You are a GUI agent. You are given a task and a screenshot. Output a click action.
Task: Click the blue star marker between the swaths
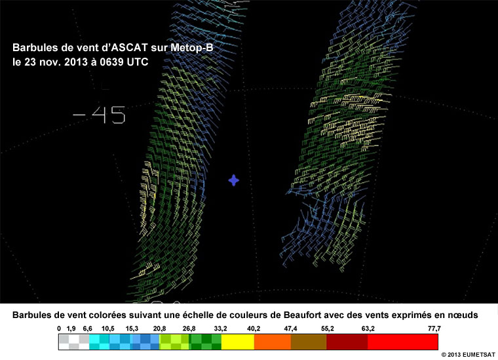[234, 180]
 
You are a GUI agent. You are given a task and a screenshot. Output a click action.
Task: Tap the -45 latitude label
[100, 115]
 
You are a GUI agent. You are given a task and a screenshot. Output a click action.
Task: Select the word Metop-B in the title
[192, 48]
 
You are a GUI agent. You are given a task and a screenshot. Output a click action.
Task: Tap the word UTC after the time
[138, 62]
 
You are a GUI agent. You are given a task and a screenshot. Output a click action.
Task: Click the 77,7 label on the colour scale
[434, 329]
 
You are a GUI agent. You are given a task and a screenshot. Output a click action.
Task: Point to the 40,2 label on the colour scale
[254, 329]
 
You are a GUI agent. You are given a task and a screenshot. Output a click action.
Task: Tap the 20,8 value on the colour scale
[159, 329]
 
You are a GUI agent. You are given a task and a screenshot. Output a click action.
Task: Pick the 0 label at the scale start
[59, 329]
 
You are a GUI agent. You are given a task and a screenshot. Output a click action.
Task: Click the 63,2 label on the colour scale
[368, 329]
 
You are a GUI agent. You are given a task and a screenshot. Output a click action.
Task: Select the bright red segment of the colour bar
[403, 342]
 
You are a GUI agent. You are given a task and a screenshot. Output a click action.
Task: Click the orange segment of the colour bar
[272, 342]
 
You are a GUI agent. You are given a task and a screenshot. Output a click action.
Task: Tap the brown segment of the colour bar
[309, 342]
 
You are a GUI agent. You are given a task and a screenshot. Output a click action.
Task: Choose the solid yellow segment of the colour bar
[238, 342]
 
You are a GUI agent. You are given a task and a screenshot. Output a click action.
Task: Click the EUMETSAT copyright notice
[468, 355]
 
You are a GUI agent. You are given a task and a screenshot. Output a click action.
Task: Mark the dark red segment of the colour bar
[347, 342]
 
